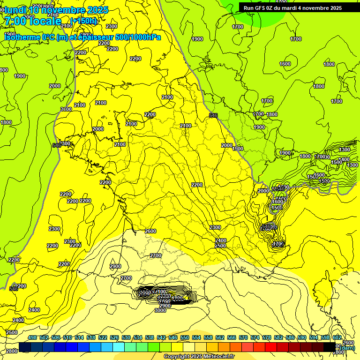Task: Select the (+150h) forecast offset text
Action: pos(84,21)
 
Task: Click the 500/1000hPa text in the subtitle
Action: pos(138,37)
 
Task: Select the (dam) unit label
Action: pos(346,347)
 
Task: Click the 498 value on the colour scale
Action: pos(32,338)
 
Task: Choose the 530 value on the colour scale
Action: pos(126,338)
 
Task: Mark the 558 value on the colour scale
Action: pos(208,338)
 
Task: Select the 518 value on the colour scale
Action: pos(91,338)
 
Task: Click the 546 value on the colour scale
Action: pos(173,338)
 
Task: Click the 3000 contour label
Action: pos(160,310)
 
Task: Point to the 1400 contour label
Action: pos(345,160)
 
